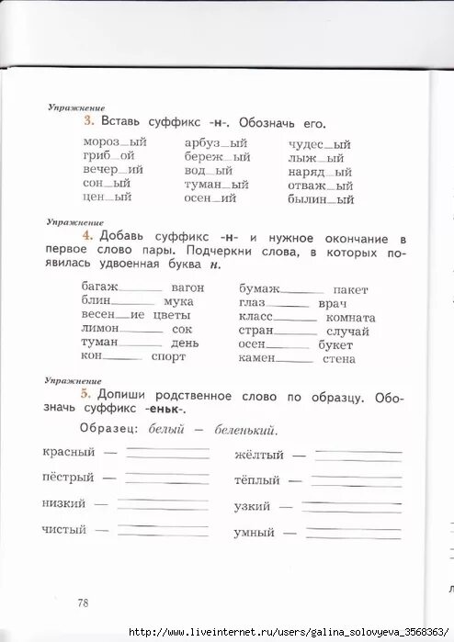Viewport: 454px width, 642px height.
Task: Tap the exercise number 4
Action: pyautogui.click(x=88, y=235)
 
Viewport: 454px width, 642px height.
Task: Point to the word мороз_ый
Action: pyautogui.click(x=115, y=143)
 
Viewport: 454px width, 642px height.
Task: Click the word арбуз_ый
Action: pyautogui.click(x=216, y=143)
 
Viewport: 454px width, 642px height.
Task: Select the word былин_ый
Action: pyautogui.click(x=321, y=198)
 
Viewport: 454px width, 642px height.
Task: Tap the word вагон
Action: pyautogui.click(x=187, y=287)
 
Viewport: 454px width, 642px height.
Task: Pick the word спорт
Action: pyautogui.click(x=168, y=356)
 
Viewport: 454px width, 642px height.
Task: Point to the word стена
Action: pyautogui.click(x=338, y=358)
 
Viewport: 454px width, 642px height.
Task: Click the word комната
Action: pyautogui.click(x=350, y=317)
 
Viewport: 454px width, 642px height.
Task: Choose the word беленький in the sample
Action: pyautogui.click(x=245, y=430)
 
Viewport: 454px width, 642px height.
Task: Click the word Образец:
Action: pyautogui.click(x=108, y=430)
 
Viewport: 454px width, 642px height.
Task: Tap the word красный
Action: pyautogui.click(x=69, y=452)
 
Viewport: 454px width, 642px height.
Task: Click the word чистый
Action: pyautogui.click(x=64, y=529)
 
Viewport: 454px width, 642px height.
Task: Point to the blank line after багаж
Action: pyautogui.click(x=142, y=290)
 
